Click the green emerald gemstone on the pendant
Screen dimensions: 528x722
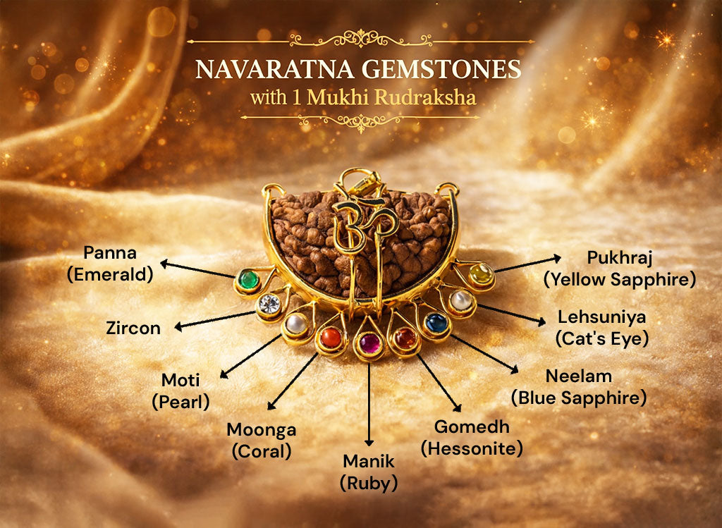246,281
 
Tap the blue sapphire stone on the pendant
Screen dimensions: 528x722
437,323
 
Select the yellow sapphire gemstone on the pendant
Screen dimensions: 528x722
482,274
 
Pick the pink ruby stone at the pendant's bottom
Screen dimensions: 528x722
369,343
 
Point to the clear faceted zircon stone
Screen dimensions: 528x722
269,304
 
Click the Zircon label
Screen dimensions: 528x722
133,328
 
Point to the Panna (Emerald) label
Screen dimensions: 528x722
110,263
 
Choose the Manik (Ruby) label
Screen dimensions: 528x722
369,472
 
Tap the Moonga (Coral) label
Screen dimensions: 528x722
262,440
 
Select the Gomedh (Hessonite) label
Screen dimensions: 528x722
472,437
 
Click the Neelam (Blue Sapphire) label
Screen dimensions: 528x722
579,386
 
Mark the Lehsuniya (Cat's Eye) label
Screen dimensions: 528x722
601,327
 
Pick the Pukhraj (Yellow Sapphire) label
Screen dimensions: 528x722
620,269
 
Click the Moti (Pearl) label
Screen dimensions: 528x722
180,391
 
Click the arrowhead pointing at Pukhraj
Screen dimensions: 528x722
557,258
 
